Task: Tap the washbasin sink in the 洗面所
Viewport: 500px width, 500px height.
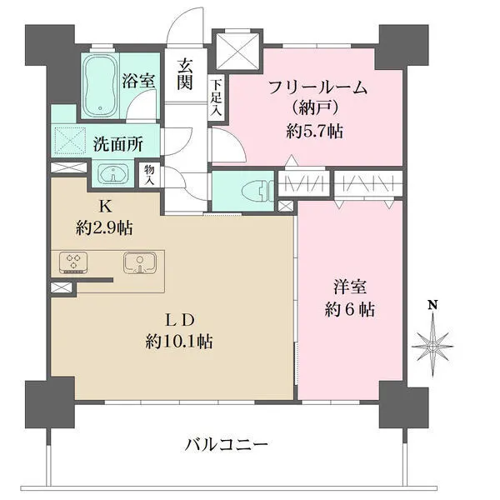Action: pos(111,175)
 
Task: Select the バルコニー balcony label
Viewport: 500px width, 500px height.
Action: pos(227,445)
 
